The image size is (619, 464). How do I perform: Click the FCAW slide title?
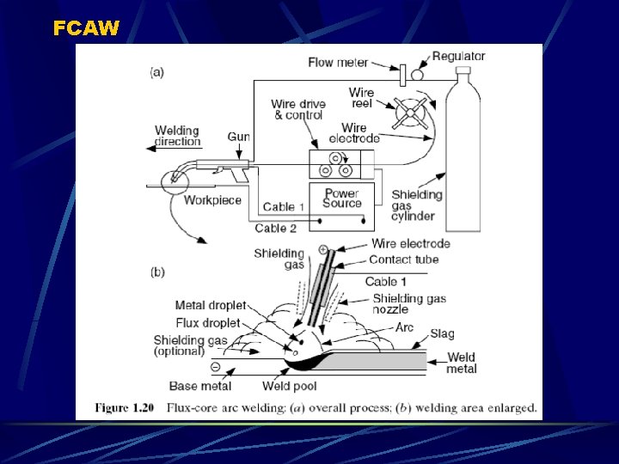(x=86, y=27)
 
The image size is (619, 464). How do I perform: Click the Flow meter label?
(x=338, y=63)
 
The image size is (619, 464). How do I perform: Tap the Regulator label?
(x=458, y=57)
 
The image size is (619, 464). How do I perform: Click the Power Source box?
(x=341, y=198)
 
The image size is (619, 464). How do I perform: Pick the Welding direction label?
(x=177, y=137)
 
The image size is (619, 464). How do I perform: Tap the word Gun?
(x=238, y=137)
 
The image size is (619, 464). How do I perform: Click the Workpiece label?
(x=213, y=201)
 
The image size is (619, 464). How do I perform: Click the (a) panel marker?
(x=157, y=72)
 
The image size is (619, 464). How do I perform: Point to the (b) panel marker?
(x=157, y=273)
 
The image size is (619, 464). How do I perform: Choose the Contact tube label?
(x=403, y=259)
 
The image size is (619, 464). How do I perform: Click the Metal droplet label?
(x=211, y=305)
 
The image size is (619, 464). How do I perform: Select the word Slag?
(x=443, y=333)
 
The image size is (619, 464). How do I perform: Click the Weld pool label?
(x=290, y=386)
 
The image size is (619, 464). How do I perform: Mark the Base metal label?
(x=200, y=386)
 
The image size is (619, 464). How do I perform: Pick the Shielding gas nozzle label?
(x=409, y=302)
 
